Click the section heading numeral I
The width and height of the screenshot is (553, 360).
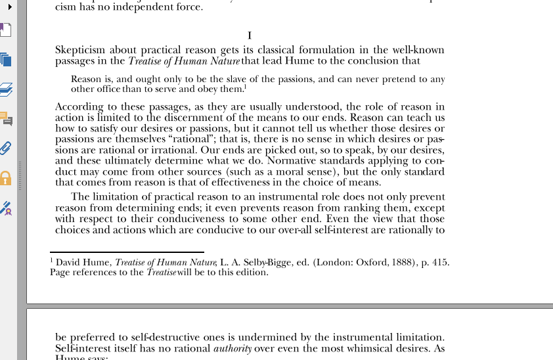[x=250, y=35]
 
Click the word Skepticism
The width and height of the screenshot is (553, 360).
[x=79, y=50]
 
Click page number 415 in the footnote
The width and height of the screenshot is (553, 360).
[x=440, y=262]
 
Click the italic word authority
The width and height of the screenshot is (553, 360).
[x=232, y=349]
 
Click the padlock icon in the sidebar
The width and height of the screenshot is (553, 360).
[x=5, y=178]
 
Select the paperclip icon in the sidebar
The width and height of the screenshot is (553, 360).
[x=6, y=148]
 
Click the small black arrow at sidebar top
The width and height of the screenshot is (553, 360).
[x=10, y=7]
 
